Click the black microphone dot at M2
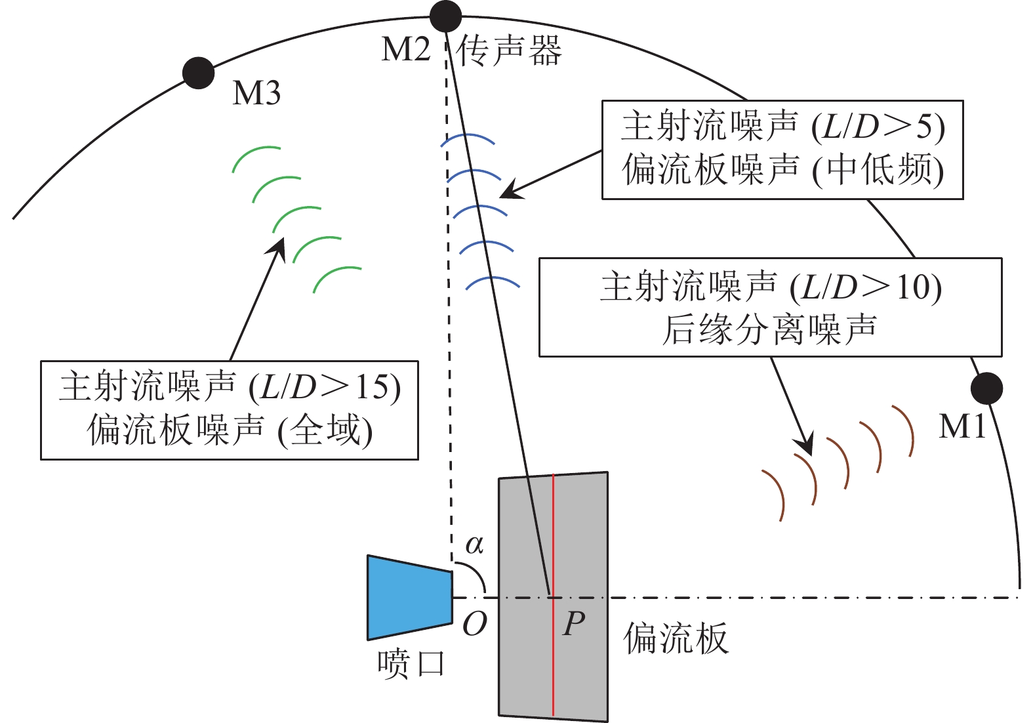(x=445, y=16)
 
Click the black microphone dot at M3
(x=198, y=73)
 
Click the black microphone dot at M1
(x=986, y=388)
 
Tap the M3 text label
(x=256, y=93)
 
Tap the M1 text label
(x=962, y=426)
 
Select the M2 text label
(x=406, y=49)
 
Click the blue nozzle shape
(x=410, y=598)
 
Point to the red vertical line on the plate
(x=553, y=594)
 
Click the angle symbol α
(x=474, y=545)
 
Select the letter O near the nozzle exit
(x=475, y=625)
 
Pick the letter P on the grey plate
(x=574, y=624)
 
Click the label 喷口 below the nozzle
(x=411, y=664)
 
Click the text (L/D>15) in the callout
(x=325, y=386)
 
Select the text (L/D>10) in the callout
(x=866, y=287)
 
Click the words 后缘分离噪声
(x=769, y=330)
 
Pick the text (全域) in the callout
(x=325, y=430)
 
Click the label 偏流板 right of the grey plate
(x=676, y=638)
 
